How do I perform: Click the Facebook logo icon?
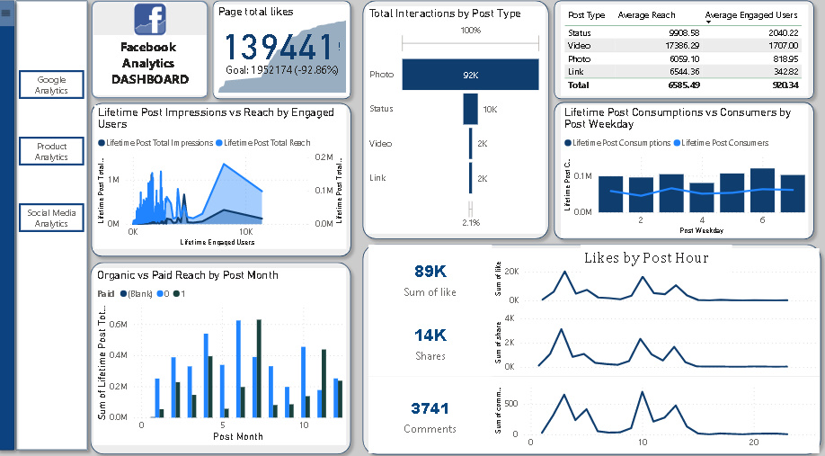click(150, 20)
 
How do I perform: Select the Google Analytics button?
click(51, 85)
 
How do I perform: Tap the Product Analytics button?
click(51, 151)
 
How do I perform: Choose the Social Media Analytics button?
click(51, 218)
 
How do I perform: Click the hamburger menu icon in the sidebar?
click(6, 13)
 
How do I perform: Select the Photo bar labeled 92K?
click(470, 76)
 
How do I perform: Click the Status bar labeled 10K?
click(470, 109)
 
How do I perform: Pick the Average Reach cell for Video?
click(655, 44)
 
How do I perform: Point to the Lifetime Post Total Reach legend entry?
click(266, 143)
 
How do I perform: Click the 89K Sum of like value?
click(430, 272)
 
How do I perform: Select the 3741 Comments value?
click(430, 408)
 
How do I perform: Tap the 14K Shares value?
click(430, 335)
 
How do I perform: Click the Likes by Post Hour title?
click(646, 258)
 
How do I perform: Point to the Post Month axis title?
click(238, 436)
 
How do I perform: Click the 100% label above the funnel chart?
click(470, 31)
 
